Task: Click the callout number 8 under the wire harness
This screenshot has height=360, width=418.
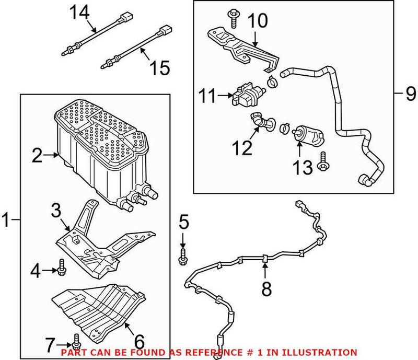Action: pos(266,288)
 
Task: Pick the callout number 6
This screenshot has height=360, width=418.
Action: pos(139,341)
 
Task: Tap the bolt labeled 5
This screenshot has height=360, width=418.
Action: pos(183,256)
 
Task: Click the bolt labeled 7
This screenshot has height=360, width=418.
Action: pos(77,340)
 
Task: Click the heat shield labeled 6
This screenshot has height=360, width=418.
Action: pos(99,308)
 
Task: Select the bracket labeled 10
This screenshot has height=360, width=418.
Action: pos(235,44)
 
